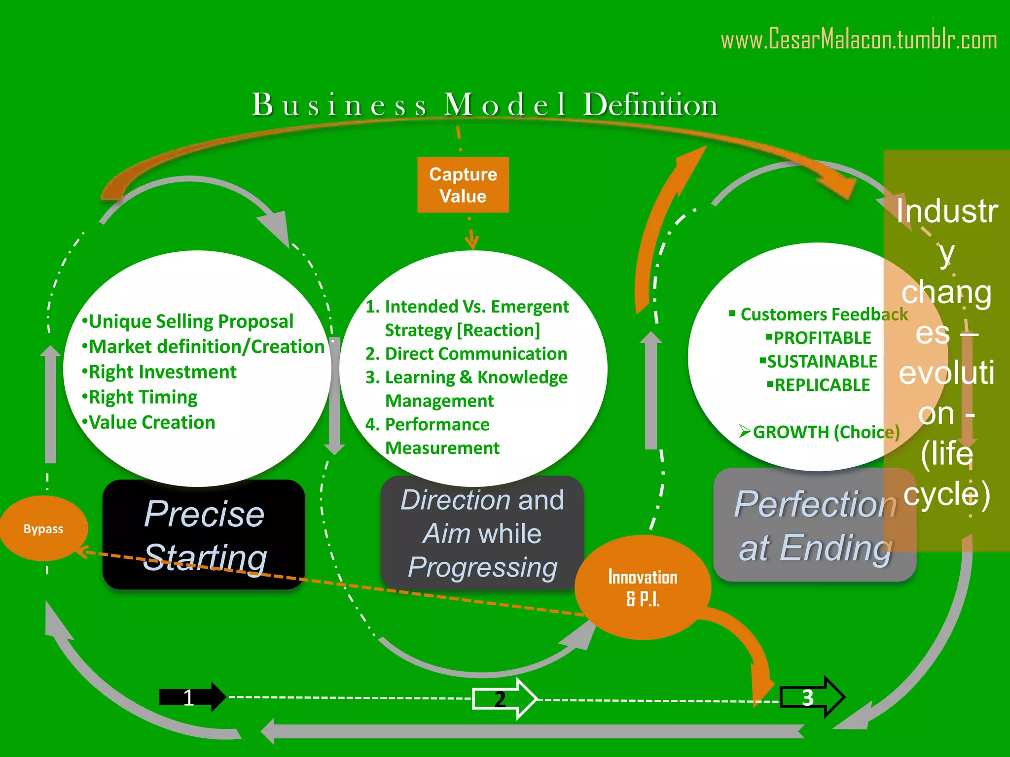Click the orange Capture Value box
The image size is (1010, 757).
463,185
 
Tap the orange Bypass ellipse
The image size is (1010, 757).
43,529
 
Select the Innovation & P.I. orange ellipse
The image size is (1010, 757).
642,587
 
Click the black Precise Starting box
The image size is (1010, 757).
204,535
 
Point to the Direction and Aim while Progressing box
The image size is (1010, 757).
482,533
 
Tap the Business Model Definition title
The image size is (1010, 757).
484,104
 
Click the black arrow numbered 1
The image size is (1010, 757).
192,697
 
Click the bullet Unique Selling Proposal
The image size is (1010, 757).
188,321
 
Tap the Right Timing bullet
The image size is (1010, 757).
140,397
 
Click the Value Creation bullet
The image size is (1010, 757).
148,422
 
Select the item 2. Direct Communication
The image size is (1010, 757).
466,354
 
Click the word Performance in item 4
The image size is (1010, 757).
437,424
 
